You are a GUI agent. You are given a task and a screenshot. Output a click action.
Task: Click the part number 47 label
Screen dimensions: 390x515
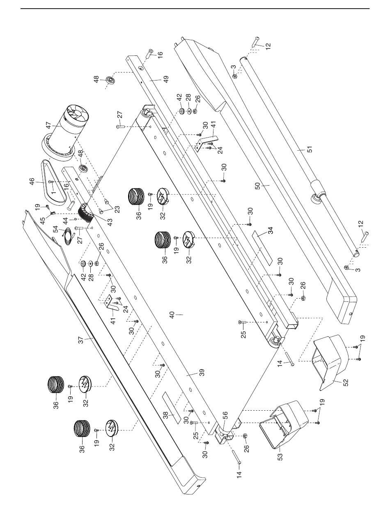click(x=48, y=124)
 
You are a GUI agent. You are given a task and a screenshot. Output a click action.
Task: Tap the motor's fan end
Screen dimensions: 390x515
click(x=78, y=114)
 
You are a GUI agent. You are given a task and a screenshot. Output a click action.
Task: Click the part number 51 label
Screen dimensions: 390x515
click(x=310, y=149)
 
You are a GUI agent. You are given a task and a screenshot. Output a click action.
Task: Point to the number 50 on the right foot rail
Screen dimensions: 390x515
click(x=258, y=186)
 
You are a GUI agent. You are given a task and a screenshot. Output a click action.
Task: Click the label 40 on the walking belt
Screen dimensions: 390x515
click(x=172, y=315)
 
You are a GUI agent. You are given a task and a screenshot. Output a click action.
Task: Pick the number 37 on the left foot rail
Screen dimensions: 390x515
click(x=81, y=340)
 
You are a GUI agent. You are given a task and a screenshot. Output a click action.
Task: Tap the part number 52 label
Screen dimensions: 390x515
click(x=345, y=382)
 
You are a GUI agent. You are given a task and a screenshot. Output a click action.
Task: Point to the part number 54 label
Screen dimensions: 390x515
click(x=56, y=229)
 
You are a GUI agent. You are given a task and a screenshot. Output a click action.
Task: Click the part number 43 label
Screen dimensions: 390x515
click(x=110, y=222)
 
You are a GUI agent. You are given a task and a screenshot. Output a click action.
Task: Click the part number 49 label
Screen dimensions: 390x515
click(x=166, y=79)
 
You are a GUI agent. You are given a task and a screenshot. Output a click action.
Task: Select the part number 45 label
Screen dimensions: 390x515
click(x=42, y=221)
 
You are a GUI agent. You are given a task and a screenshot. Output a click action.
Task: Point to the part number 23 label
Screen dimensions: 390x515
click(x=117, y=209)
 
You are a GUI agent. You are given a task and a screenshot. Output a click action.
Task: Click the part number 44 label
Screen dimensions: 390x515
click(x=66, y=221)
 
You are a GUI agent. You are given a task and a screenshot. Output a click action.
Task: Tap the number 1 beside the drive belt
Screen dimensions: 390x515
click(x=54, y=192)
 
